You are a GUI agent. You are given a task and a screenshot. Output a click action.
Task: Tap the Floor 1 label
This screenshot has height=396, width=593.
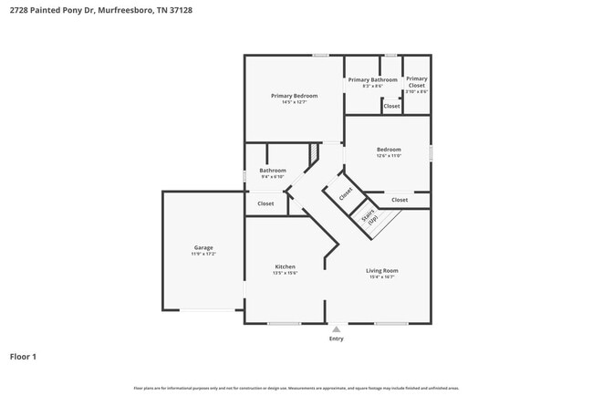click(x=23, y=357)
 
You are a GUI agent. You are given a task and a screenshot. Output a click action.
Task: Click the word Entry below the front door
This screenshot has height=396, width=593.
click(x=337, y=339)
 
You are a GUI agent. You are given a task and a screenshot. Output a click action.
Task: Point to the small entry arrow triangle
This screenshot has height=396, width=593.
click(x=337, y=328)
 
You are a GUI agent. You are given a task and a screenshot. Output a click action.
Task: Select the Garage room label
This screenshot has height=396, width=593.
click(x=203, y=247)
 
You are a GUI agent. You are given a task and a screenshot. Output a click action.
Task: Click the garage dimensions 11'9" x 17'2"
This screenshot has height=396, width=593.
click(x=203, y=254)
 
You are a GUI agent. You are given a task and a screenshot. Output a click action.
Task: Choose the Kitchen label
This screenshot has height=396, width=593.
click(x=285, y=266)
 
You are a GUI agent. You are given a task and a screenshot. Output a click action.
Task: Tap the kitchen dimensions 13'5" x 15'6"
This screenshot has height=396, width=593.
click(x=285, y=273)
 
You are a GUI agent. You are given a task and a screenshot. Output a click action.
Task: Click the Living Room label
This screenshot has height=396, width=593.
click(x=382, y=270)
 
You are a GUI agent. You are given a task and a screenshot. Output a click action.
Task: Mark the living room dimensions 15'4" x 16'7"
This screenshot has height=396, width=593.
click(x=382, y=276)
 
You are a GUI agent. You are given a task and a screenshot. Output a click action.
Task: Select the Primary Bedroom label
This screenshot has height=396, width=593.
click(x=294, y=96)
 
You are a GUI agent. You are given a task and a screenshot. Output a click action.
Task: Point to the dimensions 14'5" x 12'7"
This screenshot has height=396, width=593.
click(x=294, y=102)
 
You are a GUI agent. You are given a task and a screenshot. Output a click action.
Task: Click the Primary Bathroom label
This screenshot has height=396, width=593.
click(x=372, y=79)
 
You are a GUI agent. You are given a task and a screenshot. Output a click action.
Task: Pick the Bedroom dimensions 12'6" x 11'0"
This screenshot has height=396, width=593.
click(x=389, y=156)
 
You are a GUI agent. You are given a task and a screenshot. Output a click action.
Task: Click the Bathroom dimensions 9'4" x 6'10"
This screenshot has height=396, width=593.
click(x=273, y=177)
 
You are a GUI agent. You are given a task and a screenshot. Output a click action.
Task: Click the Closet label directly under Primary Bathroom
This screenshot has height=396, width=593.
click(x=390, y=106)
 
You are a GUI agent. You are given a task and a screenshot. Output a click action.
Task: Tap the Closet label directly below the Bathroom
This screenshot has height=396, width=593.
click(x=265, y=203)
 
